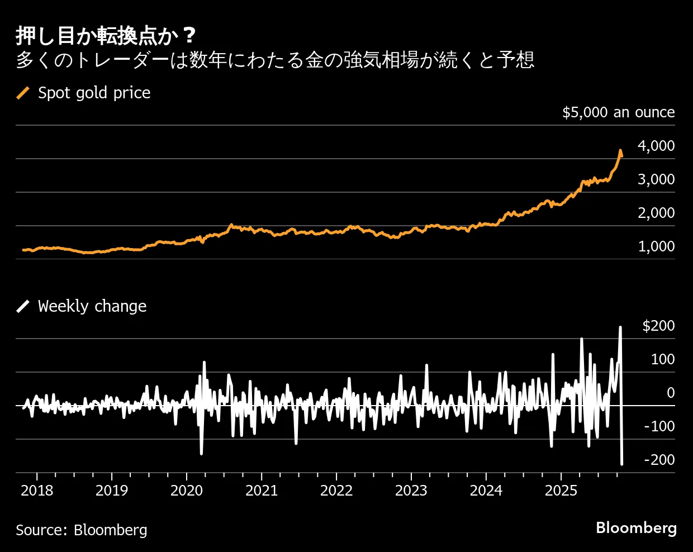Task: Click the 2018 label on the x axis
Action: point(37,491)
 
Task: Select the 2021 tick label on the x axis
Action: point(262,491)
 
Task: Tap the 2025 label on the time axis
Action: point(561,491)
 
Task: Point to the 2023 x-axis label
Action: point(411,491)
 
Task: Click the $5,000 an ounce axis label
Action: point(618,112)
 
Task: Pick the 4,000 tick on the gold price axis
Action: point(656,146)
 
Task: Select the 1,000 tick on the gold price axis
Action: point(656,246)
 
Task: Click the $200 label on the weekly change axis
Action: point(658,326)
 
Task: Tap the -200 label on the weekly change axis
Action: point(659,460)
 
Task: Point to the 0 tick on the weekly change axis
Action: point(671,393)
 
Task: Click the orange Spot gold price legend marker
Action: point(23,93)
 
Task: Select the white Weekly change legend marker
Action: point(23,306)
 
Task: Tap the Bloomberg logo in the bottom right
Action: point(636,528)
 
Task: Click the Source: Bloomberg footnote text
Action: point(82,530)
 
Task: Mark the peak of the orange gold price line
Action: point(620,150)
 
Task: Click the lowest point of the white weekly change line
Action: point(622,464)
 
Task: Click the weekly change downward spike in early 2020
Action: point(201,453)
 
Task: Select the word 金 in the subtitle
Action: point(315,60)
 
